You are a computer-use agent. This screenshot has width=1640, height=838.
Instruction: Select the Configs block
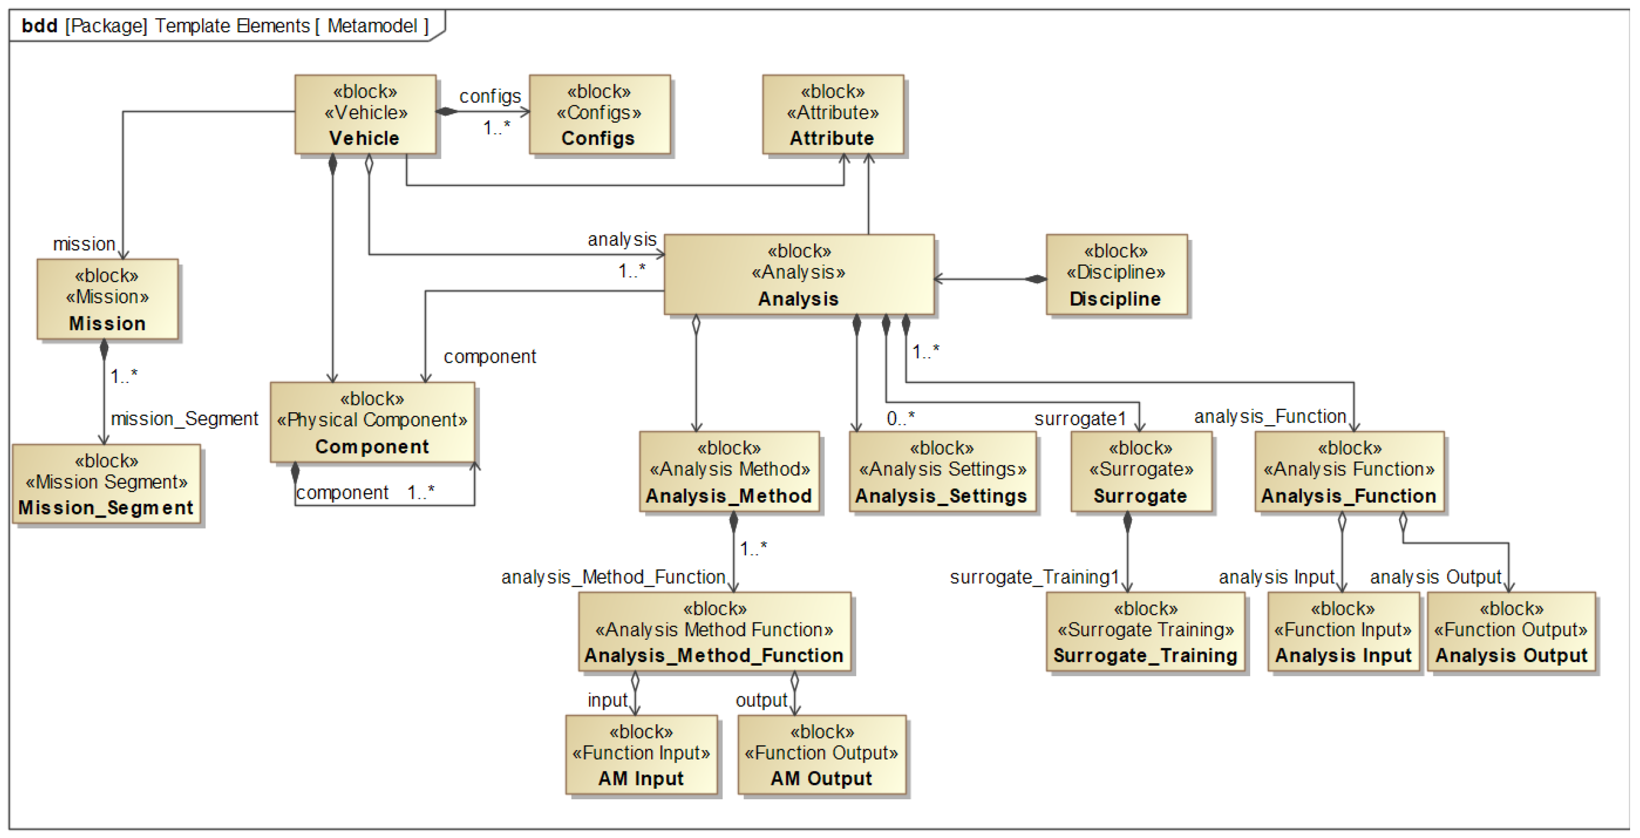coord(599,115)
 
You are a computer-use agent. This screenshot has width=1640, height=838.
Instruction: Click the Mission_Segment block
coord(106,484)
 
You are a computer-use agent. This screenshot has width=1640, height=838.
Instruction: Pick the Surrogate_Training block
coord(1145,632)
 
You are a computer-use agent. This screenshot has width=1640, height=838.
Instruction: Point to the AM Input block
coord(641,755)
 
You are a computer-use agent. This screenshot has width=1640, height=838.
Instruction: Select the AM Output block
coord(822,755)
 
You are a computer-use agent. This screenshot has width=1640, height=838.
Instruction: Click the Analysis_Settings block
coord(942,472)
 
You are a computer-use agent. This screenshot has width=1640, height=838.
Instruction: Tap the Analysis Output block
coord(1511,632)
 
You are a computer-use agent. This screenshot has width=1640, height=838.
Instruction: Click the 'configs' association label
coord(490,96)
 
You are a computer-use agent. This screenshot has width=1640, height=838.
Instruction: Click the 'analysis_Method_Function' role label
coord(613,577)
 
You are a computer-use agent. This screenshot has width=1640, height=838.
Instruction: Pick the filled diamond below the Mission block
coord(104,350)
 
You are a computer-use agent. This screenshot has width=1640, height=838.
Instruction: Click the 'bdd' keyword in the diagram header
coord(39,25)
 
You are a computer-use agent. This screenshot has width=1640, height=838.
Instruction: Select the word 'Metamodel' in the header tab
coord(372,25)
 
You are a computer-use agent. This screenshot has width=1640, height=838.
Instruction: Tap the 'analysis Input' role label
coord(1276,577)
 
